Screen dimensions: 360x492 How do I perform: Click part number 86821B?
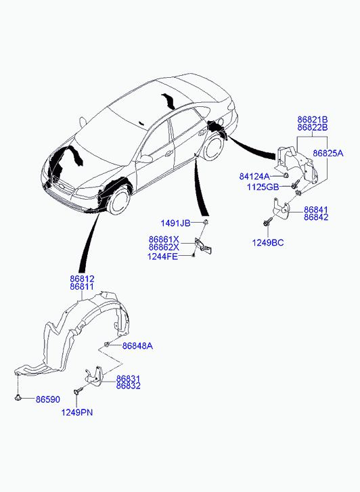tap(312, 119)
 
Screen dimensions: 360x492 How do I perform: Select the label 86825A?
tap(328, 153)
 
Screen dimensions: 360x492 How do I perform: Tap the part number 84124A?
tap(254, 177)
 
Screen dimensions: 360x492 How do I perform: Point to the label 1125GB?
tap(263, 187)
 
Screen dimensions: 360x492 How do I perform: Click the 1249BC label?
tap(268, 242)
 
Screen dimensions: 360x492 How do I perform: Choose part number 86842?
tap(316, 217)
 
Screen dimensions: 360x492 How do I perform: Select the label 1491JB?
tap(175, 223)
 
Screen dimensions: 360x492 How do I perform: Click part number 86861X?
tap(164, 240)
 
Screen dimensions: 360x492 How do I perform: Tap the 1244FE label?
tap(162, 256)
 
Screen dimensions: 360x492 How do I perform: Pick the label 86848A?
tap(137, 346)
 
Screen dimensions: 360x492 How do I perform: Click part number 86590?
tap(48, 399)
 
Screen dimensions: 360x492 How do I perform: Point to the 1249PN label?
tap(77, 412)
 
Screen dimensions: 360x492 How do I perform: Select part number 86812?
tap(82, 279)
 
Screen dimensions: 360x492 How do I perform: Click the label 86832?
tap(129, 386)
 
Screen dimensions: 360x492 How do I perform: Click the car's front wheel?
tap(118, 201)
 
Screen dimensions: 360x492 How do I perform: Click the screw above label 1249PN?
tap(77, 390)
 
